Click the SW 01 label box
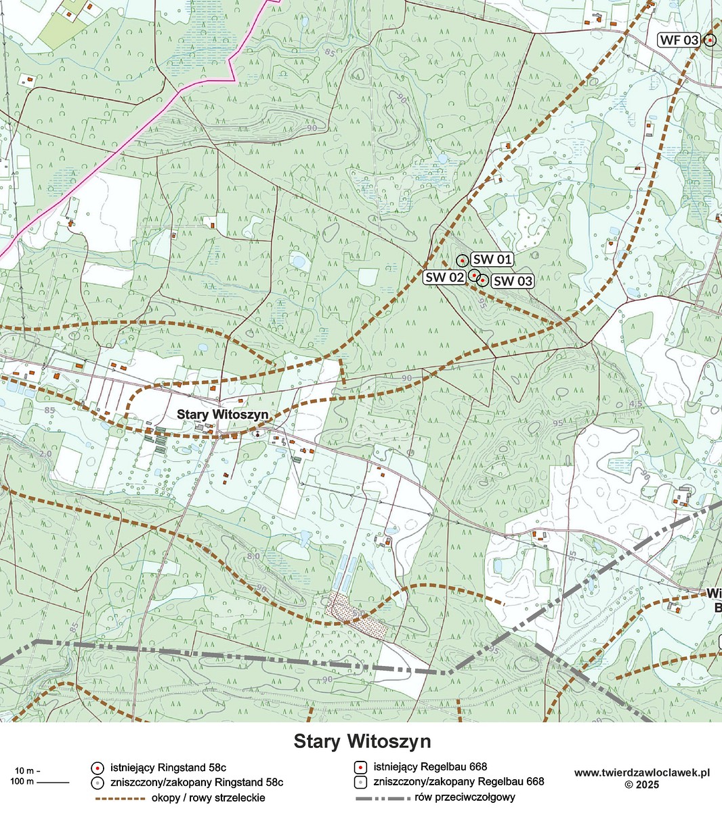tap(492, 259)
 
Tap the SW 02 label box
tap(444, 277)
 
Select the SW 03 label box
tap(511, 281)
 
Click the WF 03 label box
tap(679, 40)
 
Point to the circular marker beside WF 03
tap(709, 41)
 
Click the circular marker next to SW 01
tap(462, 260)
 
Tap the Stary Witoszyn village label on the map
tap(223, 414)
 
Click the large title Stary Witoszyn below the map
tap(362, 741)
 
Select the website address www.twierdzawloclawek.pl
tap(641, 772)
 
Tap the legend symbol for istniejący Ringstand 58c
tap(98, 768)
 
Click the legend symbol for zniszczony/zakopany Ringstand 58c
tap(98, 783)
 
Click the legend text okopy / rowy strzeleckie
tap(209, 797)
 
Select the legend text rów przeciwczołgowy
tap(467, 797)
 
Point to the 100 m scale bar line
tap(52, 783)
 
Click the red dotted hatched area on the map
tap(356, 615)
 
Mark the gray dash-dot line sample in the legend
tap(383, 798)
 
